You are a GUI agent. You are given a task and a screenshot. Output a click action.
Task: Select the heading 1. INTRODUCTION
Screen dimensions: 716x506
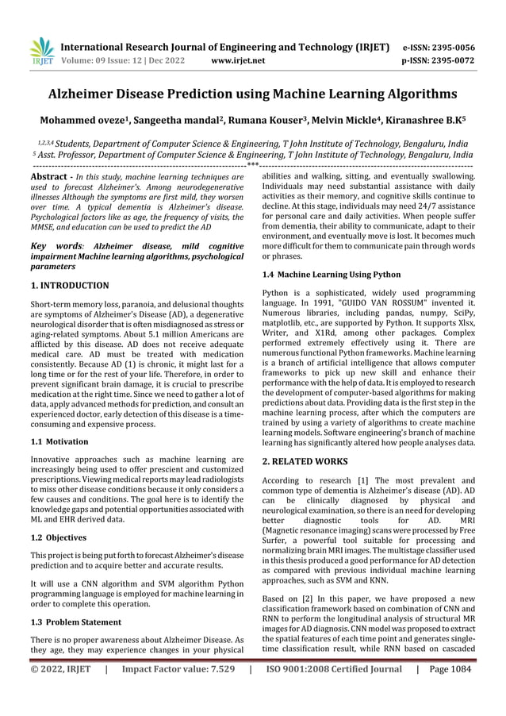(x=69, y=284)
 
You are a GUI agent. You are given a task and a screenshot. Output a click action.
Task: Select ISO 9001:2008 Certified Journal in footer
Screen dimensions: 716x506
(x=335, y=691)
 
